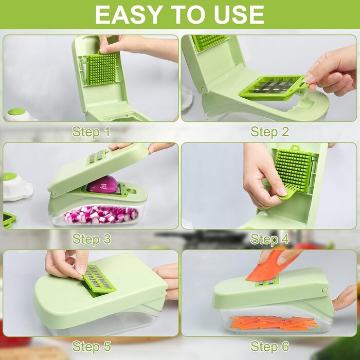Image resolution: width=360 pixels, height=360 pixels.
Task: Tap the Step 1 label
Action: coord(91,132)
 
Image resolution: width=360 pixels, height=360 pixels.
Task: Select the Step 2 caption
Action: coord(269,132)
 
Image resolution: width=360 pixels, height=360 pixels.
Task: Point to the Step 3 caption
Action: coord(92,239)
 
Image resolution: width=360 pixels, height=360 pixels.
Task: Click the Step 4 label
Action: coord(269,239)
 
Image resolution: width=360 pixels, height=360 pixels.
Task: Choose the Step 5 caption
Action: coord(92,346)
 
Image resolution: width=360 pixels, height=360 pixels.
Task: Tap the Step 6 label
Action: coord(269,346)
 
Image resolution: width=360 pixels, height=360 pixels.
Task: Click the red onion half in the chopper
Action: coord(102,185)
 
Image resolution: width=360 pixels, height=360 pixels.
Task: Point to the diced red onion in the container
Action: coord(100,214)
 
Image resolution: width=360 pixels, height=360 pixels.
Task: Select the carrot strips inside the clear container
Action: coord(274,323)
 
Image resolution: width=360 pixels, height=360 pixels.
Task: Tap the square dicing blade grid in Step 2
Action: coord(273,88)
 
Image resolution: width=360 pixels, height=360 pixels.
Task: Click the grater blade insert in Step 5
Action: coord(99,279)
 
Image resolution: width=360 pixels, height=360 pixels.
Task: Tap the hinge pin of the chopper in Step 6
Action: coord(325,291)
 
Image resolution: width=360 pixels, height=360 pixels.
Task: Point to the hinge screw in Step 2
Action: coord(204,90)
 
